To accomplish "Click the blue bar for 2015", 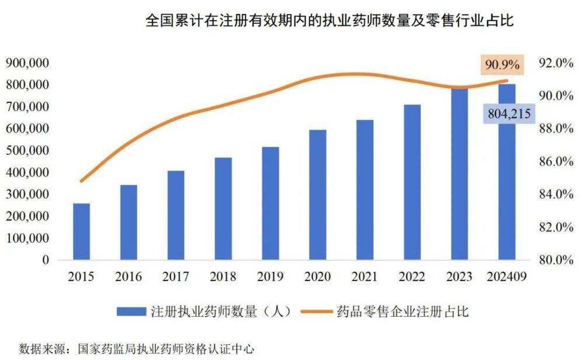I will (x=82, y=231).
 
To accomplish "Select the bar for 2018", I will (x=223, y=209).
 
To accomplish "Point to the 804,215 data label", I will (x=507, y=115).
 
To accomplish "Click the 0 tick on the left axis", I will (x=46, y=260).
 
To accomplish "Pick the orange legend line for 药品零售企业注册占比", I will (x=318, y=311).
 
